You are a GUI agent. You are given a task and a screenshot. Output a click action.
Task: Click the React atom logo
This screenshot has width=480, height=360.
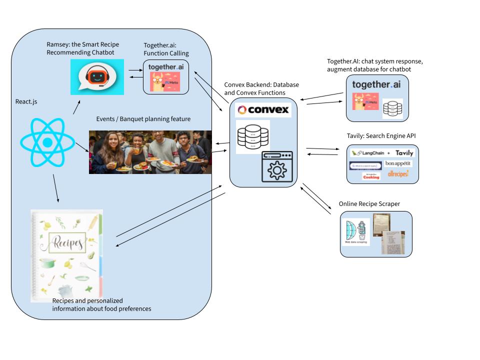click(47, 142)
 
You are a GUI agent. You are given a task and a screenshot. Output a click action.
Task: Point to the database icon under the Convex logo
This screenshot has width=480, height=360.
click(253, 136)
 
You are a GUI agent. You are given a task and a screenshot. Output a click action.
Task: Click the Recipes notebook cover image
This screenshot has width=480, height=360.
click(66, 255)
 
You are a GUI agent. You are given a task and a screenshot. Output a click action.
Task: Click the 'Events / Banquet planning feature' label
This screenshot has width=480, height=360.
click(143, 119)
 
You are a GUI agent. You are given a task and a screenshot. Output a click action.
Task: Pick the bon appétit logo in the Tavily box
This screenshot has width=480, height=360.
click(398, 164)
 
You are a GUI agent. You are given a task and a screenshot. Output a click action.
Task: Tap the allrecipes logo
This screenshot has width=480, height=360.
click(398, 174)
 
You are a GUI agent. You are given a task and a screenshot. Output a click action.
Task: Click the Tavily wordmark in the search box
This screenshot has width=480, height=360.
click(404, 153)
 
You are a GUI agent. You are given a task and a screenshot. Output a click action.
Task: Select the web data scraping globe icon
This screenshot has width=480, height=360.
click(355, 231)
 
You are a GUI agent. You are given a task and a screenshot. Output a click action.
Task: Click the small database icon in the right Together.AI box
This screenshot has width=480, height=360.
click(392, 108)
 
